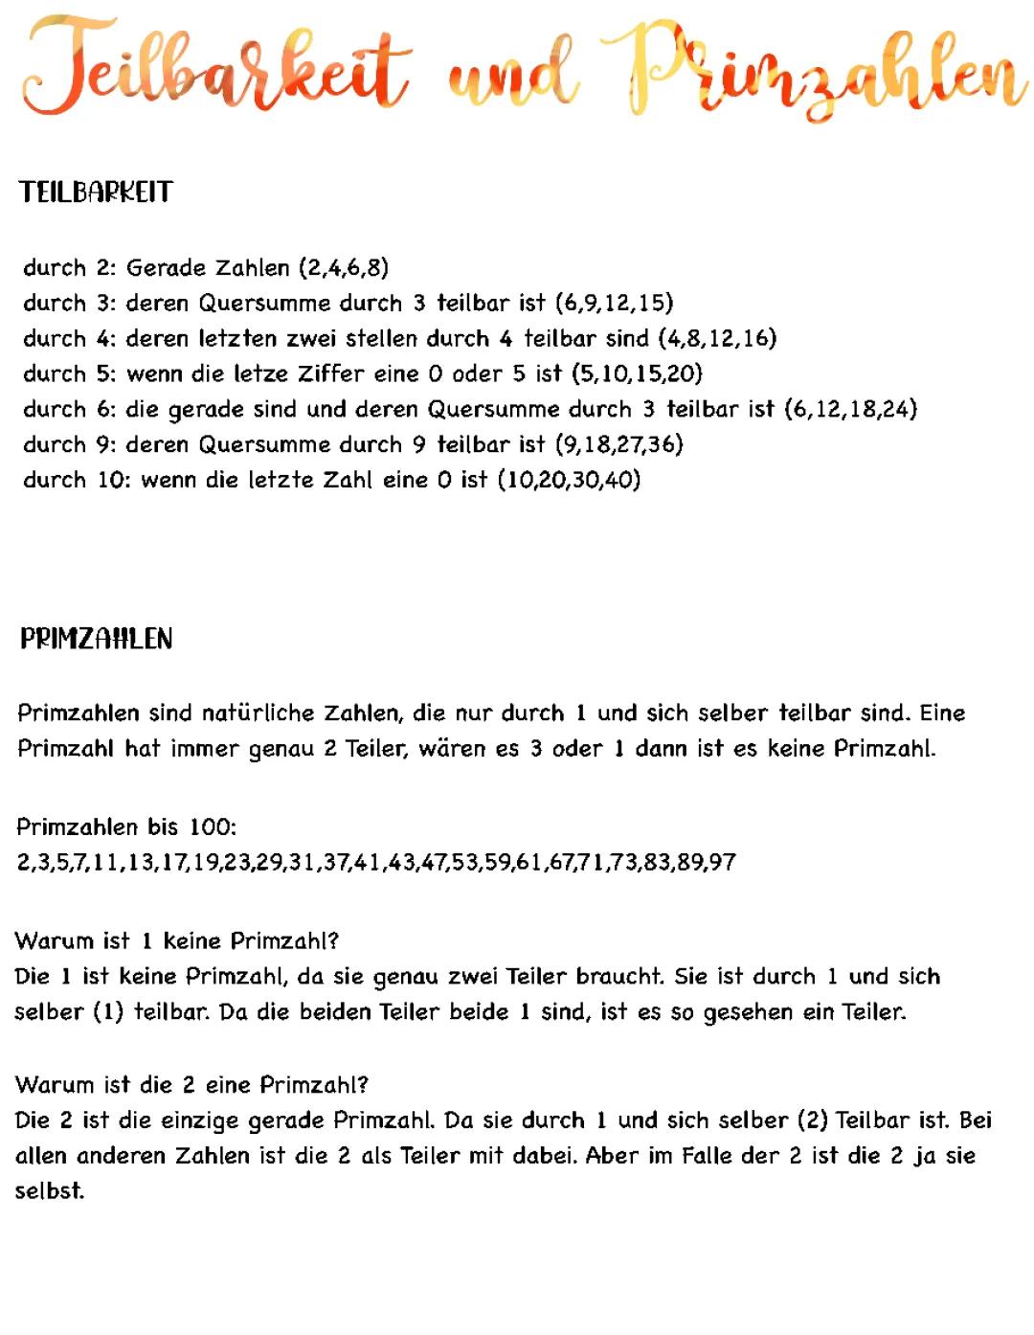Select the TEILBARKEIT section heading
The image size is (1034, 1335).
[96, 192]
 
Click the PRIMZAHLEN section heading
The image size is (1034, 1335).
[96, 639]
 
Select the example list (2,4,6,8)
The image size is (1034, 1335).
[344, 267]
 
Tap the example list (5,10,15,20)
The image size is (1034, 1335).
[637, 373]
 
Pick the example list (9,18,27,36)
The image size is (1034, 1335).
[618, 444]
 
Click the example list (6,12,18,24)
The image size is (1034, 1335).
[850, 409]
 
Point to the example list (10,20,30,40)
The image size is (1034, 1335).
[569, 480]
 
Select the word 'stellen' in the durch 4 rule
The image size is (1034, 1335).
[381, 338]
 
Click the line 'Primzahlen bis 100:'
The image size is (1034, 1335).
[126, 826]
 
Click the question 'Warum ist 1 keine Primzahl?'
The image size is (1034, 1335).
[177, 940]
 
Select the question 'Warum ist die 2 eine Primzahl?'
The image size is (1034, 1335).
[191, 1085]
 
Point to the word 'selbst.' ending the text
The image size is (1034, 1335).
[50, 1191]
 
